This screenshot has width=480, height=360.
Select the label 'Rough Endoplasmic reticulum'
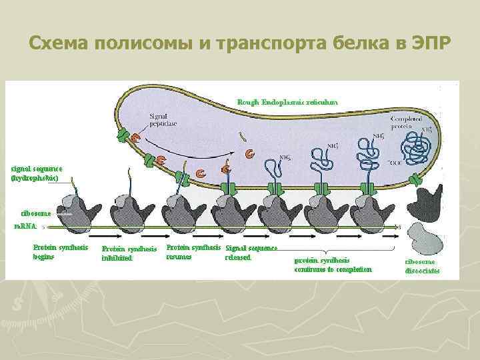tap(287, 102)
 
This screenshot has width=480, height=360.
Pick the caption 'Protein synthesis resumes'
tap(193, 251)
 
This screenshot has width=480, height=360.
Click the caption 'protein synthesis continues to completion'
tap(333, 265)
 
